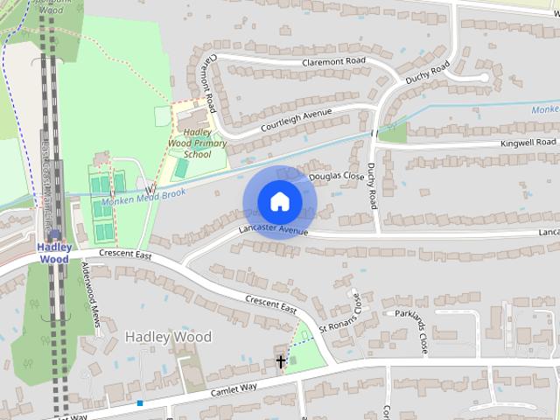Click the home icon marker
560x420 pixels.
pyautogui.click(x=278, y=202)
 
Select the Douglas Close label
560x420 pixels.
pyautogui.click(x=336, y=176)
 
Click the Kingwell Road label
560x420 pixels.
pyautogui.click(x=528, y=142)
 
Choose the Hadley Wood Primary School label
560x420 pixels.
pyautogui.click(x=198, y=143)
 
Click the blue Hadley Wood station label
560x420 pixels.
pyautogui.click(x=54, y=253)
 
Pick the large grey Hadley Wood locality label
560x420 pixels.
pyautogui.click(x=168, y=336)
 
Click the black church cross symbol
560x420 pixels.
pyautogui.click(x=282, y=361)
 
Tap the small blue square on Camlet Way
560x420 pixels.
pyautogui.click(x=140, y=403)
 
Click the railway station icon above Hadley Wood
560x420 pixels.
pyautogui.click(x=54, y=234)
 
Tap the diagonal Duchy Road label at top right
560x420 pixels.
pyautogui.click(x=426, y=73)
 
